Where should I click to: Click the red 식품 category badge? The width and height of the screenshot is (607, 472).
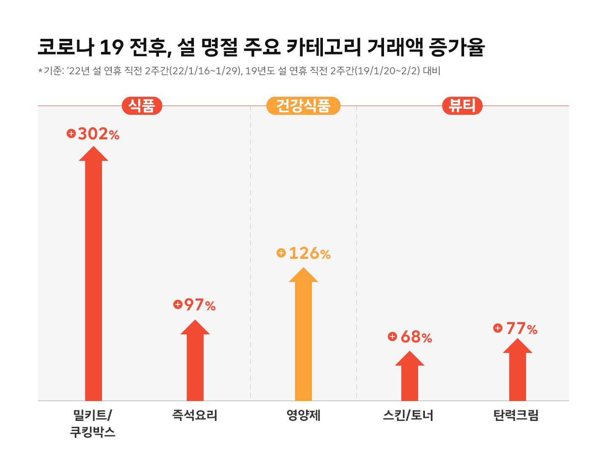pos(142,106)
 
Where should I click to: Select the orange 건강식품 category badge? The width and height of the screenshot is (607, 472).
pos(303,106)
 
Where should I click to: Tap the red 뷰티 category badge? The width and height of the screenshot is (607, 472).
pos(462,106)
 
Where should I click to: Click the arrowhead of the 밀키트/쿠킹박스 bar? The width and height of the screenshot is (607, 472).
pos(94,155)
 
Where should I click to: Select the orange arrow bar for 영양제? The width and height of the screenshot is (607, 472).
pos(303,338)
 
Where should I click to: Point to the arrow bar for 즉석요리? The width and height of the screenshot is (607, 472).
pos(195,363)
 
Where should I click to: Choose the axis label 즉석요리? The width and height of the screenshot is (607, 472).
pos(195,415)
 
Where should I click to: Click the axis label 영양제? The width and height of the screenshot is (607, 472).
pos(303,415)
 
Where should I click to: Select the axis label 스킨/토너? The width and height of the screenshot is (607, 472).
pos(408,415)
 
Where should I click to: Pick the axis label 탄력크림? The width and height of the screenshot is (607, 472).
pos(516,415)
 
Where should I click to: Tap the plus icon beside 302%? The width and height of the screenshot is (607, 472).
pos(71,134)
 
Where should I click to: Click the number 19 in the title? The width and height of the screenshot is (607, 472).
pos(111,47)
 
